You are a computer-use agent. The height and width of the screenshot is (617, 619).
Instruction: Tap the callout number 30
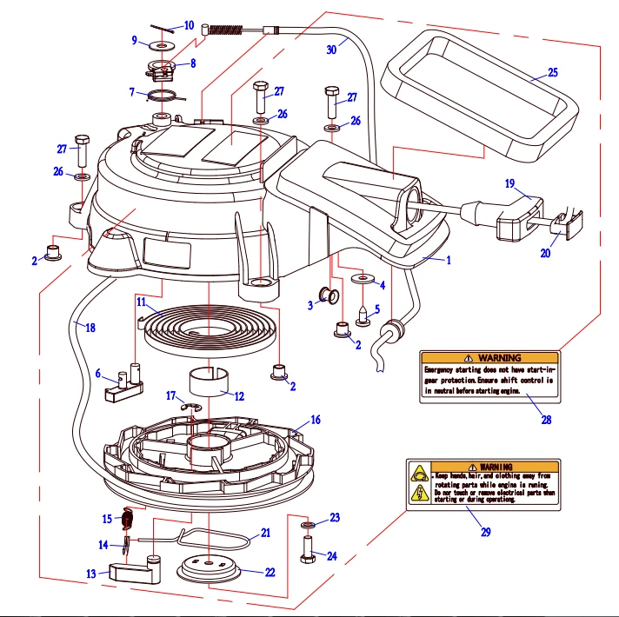tap(330, 50)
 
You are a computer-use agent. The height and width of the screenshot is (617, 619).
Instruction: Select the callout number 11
tap(141, 302)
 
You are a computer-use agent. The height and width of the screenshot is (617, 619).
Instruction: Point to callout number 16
tap(315, 420)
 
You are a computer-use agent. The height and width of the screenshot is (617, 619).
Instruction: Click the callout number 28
tap(545, 421)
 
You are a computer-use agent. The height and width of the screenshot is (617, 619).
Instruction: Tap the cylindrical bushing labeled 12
tap(209, 380)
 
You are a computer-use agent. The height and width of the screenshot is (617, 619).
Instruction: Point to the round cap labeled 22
tap(208, 570)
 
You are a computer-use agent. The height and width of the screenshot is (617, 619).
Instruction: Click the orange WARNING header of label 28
tap(489, 357)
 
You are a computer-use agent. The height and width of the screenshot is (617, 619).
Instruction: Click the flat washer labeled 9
tap(163, 43)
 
